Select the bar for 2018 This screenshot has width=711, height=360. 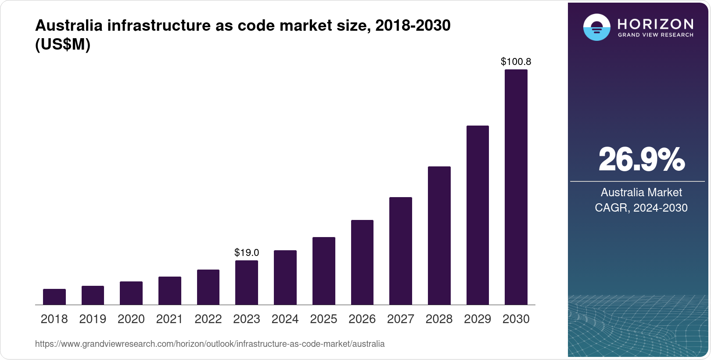tap(54, 297)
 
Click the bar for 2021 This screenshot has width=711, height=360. tap(170, 291)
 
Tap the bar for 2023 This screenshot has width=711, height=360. tap(247, 282)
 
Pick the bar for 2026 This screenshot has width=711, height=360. tap(362, 262)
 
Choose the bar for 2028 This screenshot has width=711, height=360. tap(439, 235)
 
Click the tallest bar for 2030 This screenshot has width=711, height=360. tap(516, 187)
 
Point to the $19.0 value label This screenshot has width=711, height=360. tap(247, 253)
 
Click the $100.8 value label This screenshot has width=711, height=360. tap(516, 62)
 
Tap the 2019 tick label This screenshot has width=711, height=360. tap(93, 319)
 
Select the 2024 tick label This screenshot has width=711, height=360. tap(285, 319)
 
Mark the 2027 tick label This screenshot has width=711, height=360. tap(401, 319)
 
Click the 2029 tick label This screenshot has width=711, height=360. tap(478, 319)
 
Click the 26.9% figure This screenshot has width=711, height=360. tap(641, 159)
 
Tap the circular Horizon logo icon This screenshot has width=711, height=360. tap(596, 27)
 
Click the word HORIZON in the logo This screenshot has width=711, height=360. tap(656, 24)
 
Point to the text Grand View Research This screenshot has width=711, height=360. tap(656, 35)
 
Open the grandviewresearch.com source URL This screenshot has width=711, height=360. tap(210, 344)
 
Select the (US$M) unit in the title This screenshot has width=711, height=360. tap(63, 44)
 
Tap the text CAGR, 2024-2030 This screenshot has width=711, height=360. tap(641, 208)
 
